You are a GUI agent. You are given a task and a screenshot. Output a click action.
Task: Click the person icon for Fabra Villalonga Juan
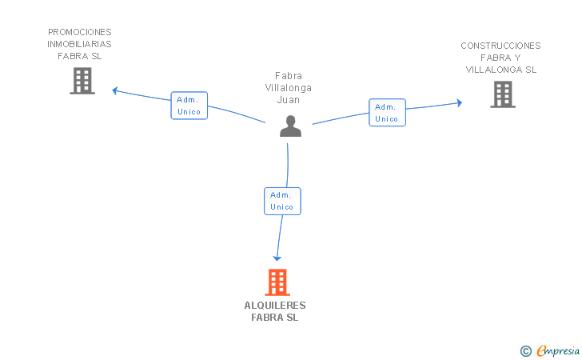[x=290, y=126]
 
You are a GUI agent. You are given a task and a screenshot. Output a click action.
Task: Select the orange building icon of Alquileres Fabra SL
[x=277, y=282]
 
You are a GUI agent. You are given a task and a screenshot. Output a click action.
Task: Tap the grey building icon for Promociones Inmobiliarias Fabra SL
[x=82, y=81]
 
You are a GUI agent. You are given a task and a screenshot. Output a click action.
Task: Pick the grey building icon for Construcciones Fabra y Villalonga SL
[x=502, y=94]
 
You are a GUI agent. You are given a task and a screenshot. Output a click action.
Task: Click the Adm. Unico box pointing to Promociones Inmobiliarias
[x=189, y=106]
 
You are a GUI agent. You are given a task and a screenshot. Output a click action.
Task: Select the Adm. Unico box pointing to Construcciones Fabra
[x=387, y=113]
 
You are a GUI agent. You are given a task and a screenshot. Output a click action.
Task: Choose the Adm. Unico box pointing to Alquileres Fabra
[x=282, y=201]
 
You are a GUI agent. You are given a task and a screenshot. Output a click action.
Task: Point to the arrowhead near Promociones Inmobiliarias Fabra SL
[x=115, y=90]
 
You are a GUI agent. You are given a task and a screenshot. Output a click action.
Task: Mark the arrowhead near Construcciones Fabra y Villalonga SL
[x=459, y=102]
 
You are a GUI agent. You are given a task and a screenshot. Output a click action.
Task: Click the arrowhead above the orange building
[x=277, y=258]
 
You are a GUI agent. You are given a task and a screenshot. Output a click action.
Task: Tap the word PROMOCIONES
[x=80, y=33]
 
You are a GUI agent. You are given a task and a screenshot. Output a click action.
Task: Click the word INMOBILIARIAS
[x=80, y=45]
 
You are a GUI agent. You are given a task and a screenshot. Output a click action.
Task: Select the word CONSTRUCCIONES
[x=500, y=46]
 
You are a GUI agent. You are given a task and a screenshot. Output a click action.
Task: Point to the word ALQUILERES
[x=275, y=306]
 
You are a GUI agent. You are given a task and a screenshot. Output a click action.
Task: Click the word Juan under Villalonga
[x=288, y=100]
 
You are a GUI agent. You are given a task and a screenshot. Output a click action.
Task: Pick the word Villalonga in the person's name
[x=289, y=88]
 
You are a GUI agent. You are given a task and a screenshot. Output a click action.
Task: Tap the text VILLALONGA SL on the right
[x=501, y=70]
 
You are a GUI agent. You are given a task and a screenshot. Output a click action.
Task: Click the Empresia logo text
[x=558, y=350]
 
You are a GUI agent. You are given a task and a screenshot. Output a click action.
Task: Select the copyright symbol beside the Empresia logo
[x=525, y=350]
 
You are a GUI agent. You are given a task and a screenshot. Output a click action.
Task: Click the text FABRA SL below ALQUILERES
[x=275, y=318]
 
